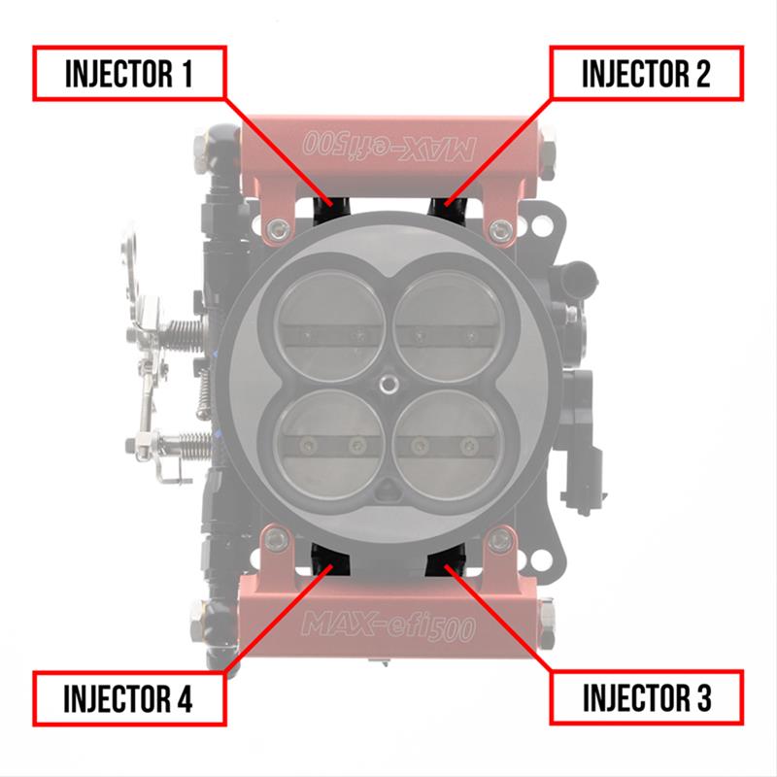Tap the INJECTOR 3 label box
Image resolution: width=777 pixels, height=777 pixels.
[x=647, y=696]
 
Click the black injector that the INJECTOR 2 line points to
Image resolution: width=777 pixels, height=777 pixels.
[x=446, y=206]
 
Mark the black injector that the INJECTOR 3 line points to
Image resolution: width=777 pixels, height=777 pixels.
[x=446, y=561]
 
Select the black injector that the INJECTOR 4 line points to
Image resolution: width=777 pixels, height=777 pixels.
[x=328, y=561]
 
